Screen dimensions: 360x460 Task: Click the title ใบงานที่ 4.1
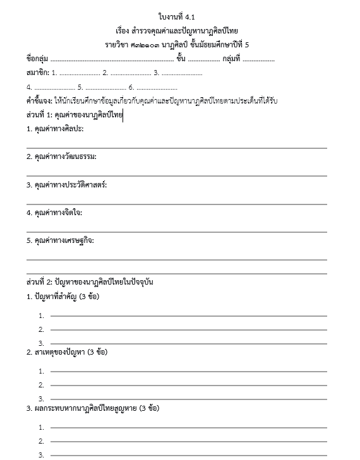181,16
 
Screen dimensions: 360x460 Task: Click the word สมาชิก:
38,73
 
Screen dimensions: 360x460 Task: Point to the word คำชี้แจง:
39,101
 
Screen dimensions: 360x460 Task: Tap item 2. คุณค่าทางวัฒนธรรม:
61,156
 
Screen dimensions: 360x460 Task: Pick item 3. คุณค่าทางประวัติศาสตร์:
66,185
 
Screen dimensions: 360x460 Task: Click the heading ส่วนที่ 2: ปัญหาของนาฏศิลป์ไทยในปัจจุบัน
90,282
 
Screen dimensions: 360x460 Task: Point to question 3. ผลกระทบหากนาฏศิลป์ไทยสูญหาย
92,408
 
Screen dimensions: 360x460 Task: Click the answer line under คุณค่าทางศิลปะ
177,148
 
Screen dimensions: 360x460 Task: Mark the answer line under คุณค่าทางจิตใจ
177,232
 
